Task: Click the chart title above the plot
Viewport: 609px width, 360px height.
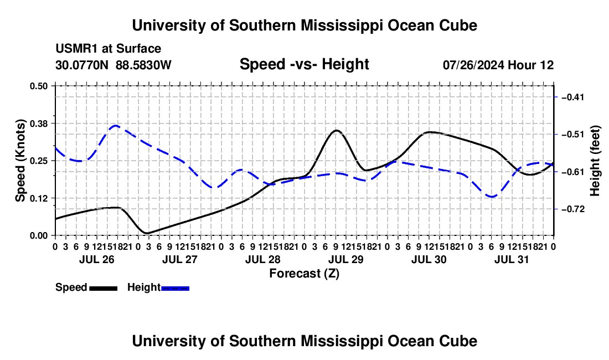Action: coord(304,25)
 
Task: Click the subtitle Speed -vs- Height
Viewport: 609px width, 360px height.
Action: coord(304,64)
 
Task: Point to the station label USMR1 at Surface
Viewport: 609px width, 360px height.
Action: coord(109,49)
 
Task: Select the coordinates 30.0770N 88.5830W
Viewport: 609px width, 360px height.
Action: coord(113,65)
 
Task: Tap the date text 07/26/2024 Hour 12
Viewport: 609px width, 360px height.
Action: coord(498,65)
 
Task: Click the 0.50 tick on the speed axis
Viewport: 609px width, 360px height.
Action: coord(38,86)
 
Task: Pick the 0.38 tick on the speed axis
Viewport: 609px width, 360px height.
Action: coord(38,124)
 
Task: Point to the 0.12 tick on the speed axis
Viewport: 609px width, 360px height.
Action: coord(38,198)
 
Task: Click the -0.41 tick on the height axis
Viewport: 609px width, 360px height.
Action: coord(573,97)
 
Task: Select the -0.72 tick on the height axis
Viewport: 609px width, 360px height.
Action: coord(573,209)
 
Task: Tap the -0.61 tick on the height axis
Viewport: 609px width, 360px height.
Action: coord(573,172)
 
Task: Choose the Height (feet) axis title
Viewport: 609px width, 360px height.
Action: coord(595,161)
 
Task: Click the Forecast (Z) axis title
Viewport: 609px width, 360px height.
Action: coord(304,274)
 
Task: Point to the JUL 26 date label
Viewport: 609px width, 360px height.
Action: coord(97,259)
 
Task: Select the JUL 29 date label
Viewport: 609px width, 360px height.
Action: coord(346,259)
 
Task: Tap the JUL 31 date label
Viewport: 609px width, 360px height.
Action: coord(512,259)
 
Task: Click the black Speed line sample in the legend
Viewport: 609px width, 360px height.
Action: coord(104,288)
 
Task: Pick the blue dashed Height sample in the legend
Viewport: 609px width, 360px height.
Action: coord(175,288)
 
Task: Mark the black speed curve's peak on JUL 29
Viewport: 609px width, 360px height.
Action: coord(337,131)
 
